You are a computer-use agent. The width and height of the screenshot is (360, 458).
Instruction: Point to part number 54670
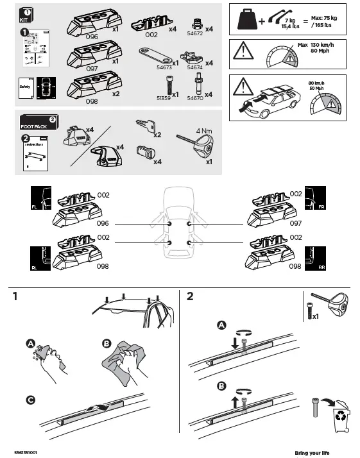pos(195,99)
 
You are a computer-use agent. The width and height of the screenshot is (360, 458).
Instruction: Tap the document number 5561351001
pos(26,452)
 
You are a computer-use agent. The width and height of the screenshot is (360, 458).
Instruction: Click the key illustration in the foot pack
pos(144,126)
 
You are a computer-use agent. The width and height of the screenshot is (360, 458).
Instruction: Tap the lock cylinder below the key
pos(142,151)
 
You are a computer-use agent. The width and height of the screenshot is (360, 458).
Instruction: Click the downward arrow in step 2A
pos(236,343)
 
